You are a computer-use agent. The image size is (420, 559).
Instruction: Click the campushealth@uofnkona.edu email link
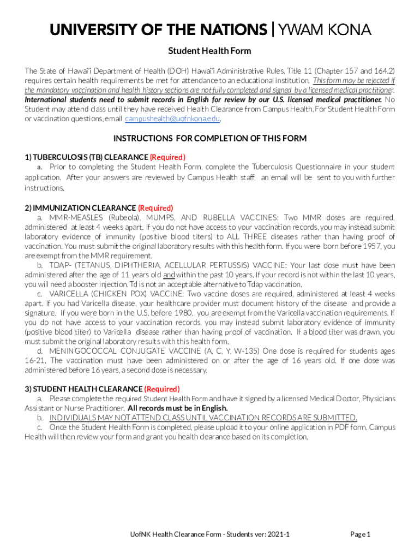tap(172, 119)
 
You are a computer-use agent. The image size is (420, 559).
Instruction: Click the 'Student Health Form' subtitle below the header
tap(209, 51)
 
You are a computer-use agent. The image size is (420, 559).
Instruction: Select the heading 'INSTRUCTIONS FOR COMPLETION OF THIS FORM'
tap(209, 139)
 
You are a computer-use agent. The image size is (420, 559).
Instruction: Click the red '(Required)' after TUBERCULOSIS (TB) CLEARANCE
tap(167, 157)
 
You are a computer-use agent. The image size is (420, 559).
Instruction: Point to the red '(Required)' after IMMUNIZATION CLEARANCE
tap(155, 208)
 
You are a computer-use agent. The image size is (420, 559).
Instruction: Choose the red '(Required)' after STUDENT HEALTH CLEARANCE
tap(162, 389)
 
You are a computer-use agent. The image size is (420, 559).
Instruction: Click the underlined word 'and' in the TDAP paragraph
tap(169, 275)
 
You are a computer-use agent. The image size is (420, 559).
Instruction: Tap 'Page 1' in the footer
tap(360, 534)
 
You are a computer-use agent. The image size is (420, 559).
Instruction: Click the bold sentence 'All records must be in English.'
tap(177, 408)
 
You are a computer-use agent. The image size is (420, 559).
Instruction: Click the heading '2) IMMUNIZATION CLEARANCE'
tap(80, 208)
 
